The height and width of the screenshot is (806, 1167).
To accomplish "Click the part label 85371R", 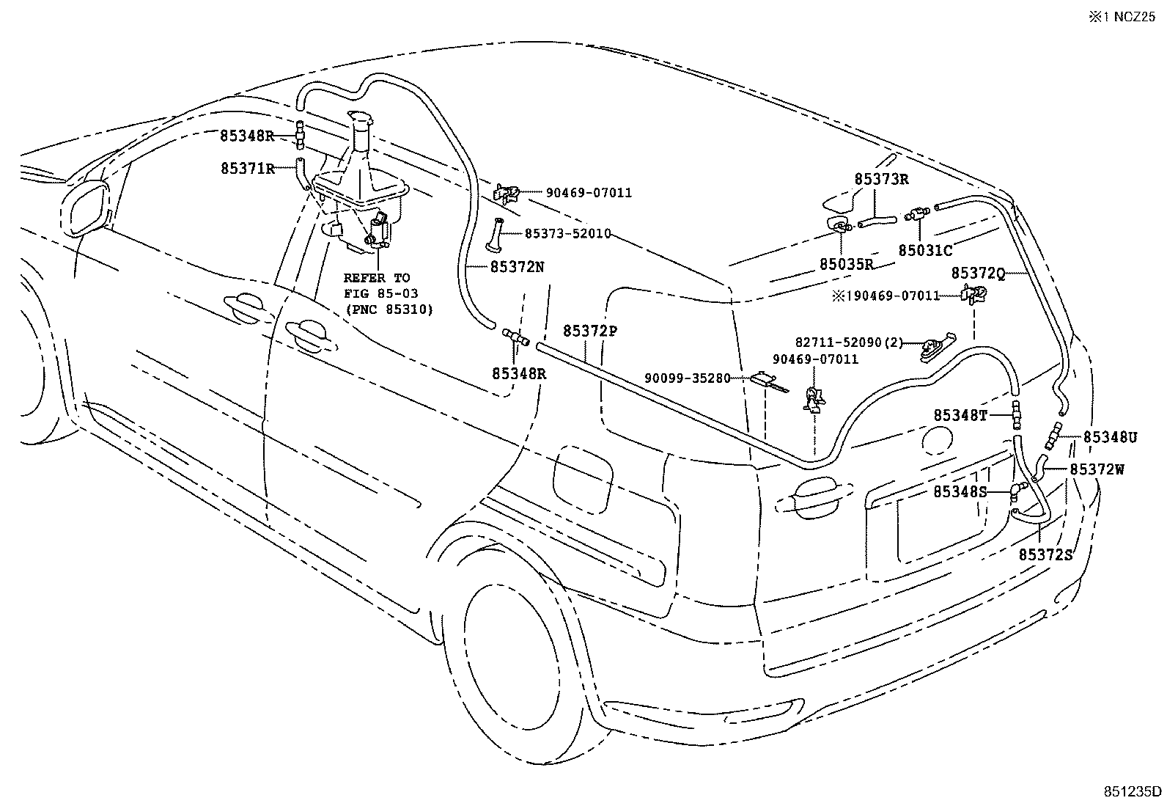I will pyautogui.click(x=247, y=168).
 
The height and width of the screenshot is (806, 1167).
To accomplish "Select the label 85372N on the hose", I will pyautogui.click(x=517, y=266).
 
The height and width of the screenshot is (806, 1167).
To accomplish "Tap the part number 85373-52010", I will pyautogui.click(x=567, y=233).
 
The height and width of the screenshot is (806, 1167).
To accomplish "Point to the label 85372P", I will pyautogui.click(x=590, y=331).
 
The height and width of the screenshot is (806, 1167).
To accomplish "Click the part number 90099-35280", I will pyautogui.click(x=688, y=378).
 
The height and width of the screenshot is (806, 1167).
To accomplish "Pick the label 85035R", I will pyautogui.click(x=847, y=265).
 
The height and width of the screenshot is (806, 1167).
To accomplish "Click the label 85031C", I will pyautogui.click(x=925, y=250).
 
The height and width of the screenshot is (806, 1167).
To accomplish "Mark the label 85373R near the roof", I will pyautogui.click(x=881, y=178).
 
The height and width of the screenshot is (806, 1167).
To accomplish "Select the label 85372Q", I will pyautogui.click(x=978, y=273).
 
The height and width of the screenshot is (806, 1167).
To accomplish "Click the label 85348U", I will pyautogui.click(x=1110, y=437).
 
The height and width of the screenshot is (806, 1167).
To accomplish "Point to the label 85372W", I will pyautogui.click(x=1097, y=469).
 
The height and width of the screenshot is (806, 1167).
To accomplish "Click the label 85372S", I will pyautogui.click(x=1045, y=554).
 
